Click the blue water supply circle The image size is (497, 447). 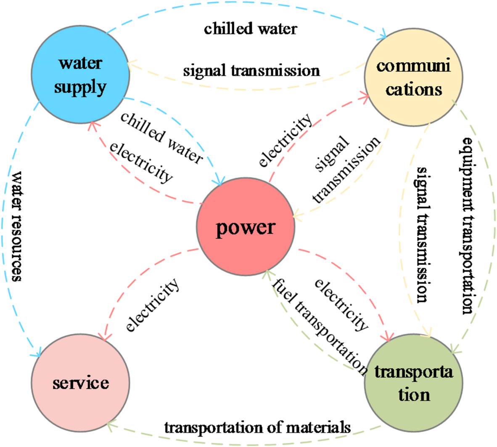80,74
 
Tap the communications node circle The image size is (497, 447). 413,77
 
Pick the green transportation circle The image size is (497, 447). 413,383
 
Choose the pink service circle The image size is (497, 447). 80,383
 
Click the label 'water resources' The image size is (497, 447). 17,226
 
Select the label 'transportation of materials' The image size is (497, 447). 257,428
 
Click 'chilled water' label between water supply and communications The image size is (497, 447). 251,29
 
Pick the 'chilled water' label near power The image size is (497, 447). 161,137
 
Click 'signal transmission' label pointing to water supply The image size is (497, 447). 251,70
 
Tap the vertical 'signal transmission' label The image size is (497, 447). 423,234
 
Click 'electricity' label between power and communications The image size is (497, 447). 286,140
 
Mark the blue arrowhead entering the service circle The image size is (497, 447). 37,354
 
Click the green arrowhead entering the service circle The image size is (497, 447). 110,426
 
